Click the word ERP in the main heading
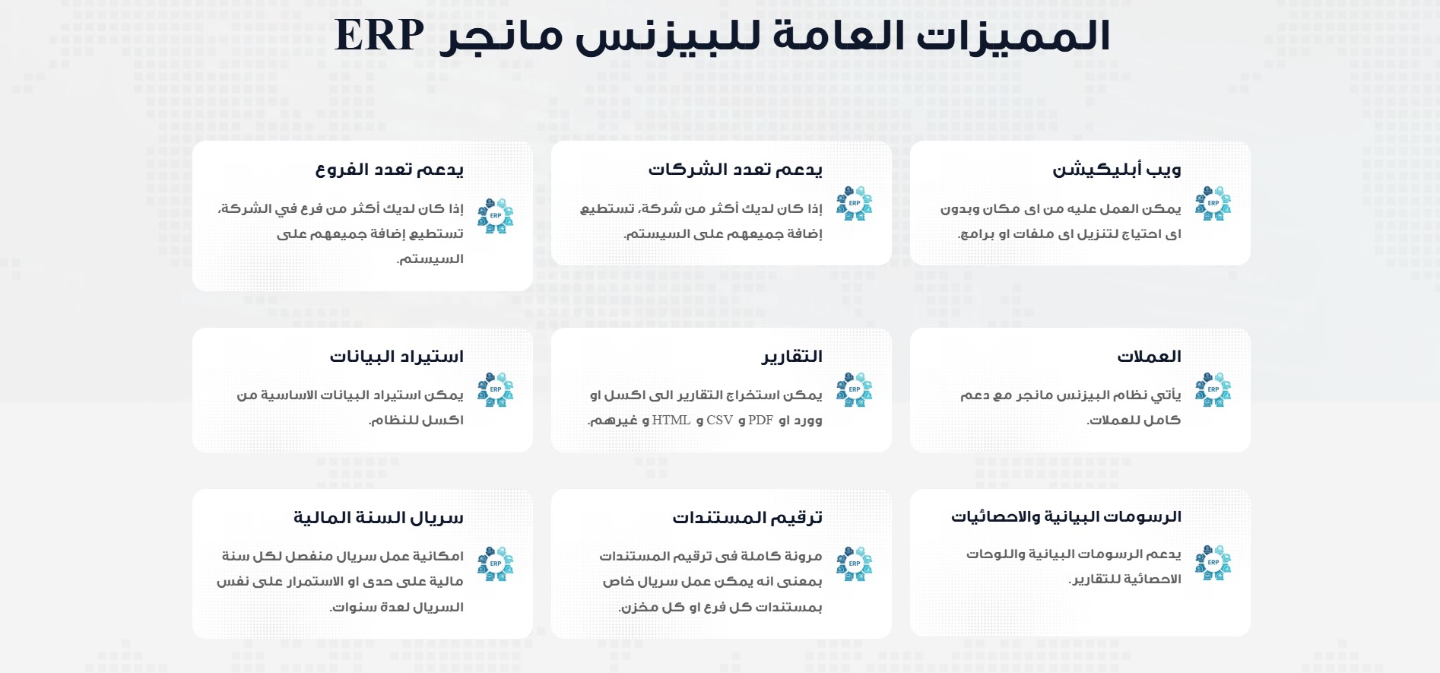(379, 35)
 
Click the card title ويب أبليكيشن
(1117, 170)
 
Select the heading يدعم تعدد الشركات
(735, 170)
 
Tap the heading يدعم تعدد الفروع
(389, 170)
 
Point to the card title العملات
(1149, 356)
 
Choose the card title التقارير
(792, 356)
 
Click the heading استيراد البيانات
(396, 356)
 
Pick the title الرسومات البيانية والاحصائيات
(1066, 517)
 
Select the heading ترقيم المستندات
(747, 518)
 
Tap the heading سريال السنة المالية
(379, 518)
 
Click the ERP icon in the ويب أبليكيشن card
(1213, 204)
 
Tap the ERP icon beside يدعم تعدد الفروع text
(496, 216)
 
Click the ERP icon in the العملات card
(1213, 390)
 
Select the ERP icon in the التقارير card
(855, 390)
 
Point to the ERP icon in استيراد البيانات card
(496, 390)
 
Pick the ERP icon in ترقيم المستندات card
(855, 564)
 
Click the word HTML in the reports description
(671, 420)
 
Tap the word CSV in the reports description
(720, 420)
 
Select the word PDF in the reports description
(760, 420)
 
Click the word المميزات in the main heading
(1013, 37)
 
